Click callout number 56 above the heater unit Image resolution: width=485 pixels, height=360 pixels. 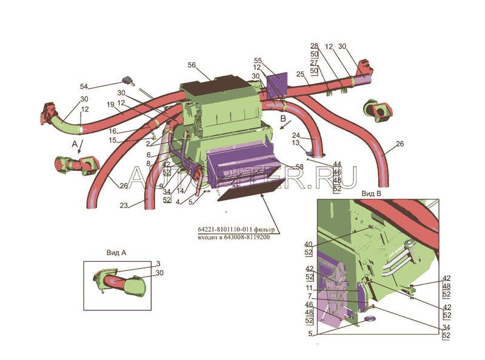coord(192,65)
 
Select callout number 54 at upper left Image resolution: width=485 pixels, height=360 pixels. coord(84,86)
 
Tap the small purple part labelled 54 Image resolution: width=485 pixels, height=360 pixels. coord(129,79)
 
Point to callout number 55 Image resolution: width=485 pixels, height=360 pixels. coord(258,61)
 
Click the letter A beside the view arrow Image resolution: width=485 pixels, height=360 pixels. coord(74,145)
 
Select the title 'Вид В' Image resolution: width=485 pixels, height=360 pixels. coord(370,193)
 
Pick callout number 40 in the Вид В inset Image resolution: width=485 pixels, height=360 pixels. coord(308,244)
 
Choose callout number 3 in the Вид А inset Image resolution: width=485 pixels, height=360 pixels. coord(158,264)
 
